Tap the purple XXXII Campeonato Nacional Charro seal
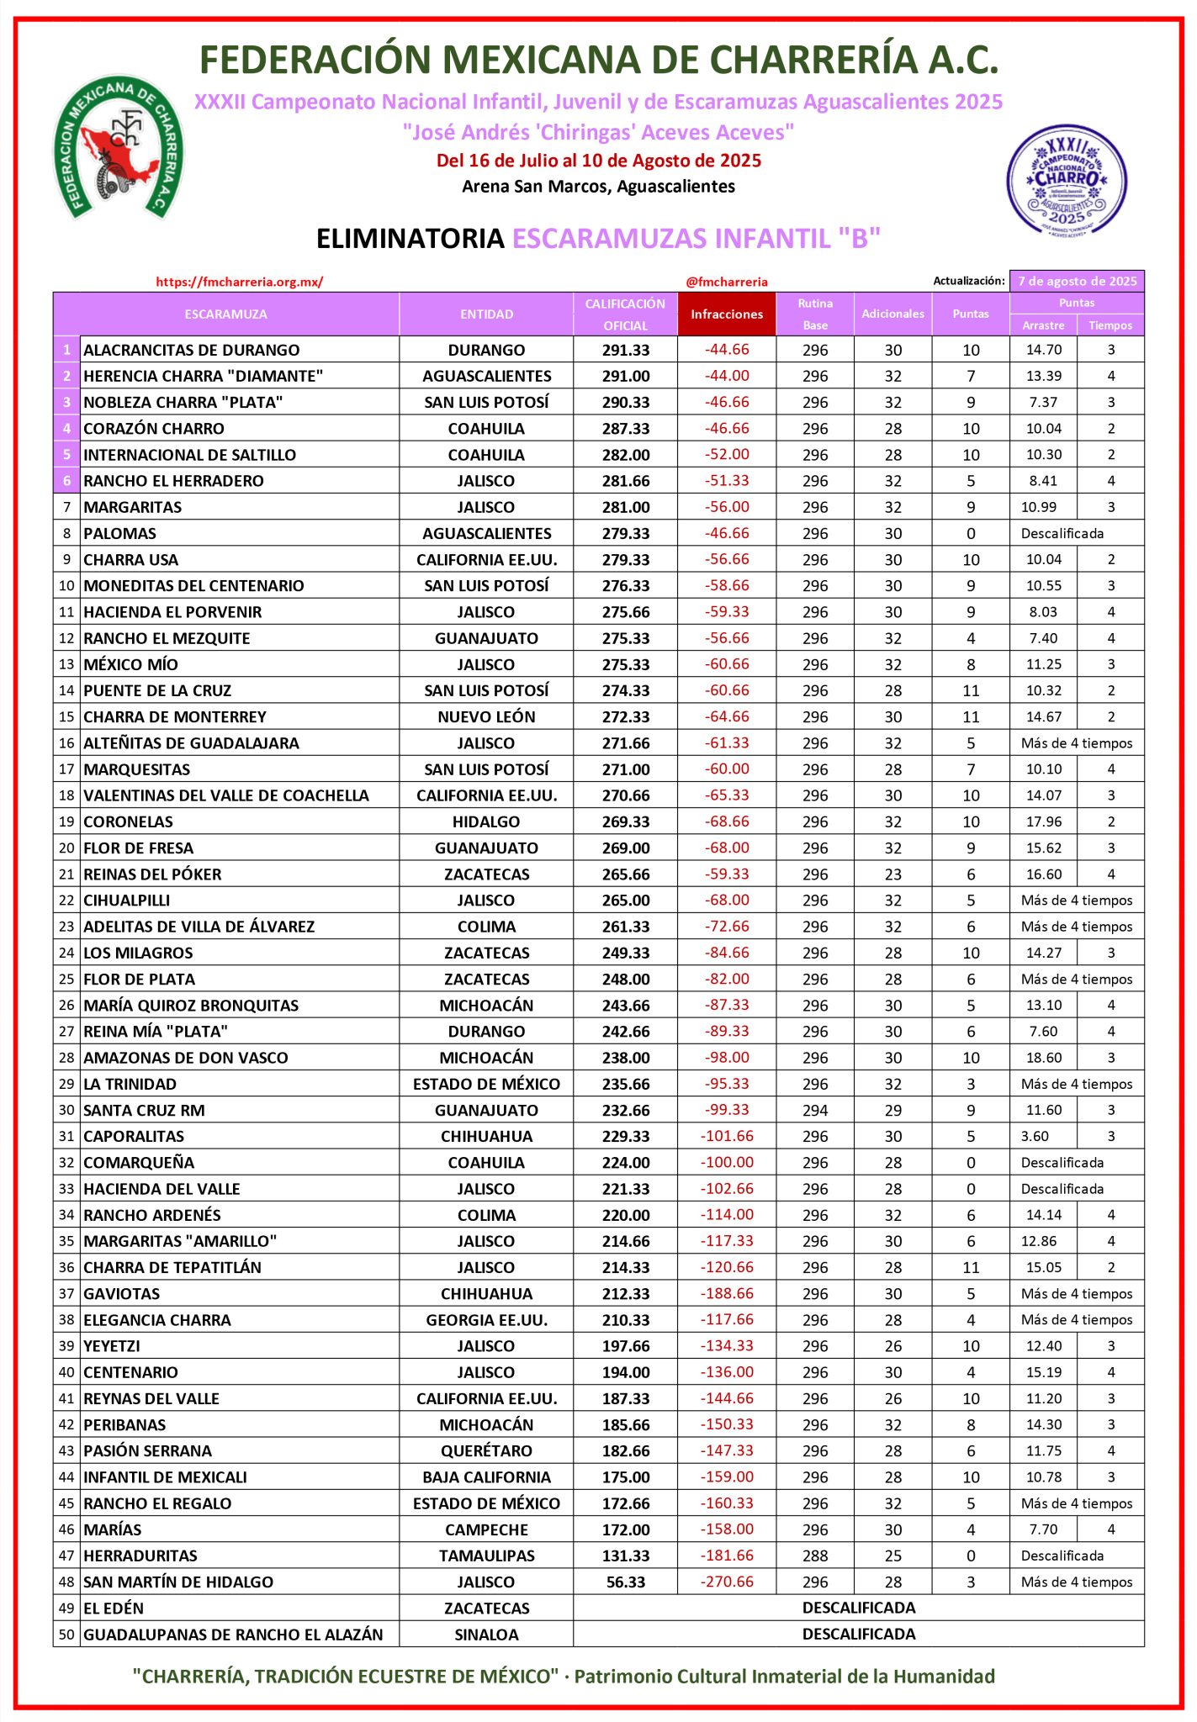[x=1067, y=180]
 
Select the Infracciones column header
[x=727, y=314]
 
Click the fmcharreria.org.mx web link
[x=240, y=283]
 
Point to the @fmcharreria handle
[x=727, y=283]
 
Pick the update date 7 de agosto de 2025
[x=1077, y=282]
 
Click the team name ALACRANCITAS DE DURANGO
[x=192, y=350]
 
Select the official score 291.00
[x=626, y=376]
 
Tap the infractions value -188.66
[x=727, y=1293]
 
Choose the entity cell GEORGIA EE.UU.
[x=486, y=1320]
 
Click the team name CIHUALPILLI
[x=127, y=901]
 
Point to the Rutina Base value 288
[x=814, y=1556]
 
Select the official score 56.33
[x=626, y=1582]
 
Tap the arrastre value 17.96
[x=1043, y=821]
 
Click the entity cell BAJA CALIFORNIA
[x=486, y=1477]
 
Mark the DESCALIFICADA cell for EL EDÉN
[x=858, y=1608]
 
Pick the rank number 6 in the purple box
[x=66, y=481]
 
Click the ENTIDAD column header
[x=486, y=314]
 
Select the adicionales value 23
[x=892, y=874]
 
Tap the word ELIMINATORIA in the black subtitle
[x=410, y=239]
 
